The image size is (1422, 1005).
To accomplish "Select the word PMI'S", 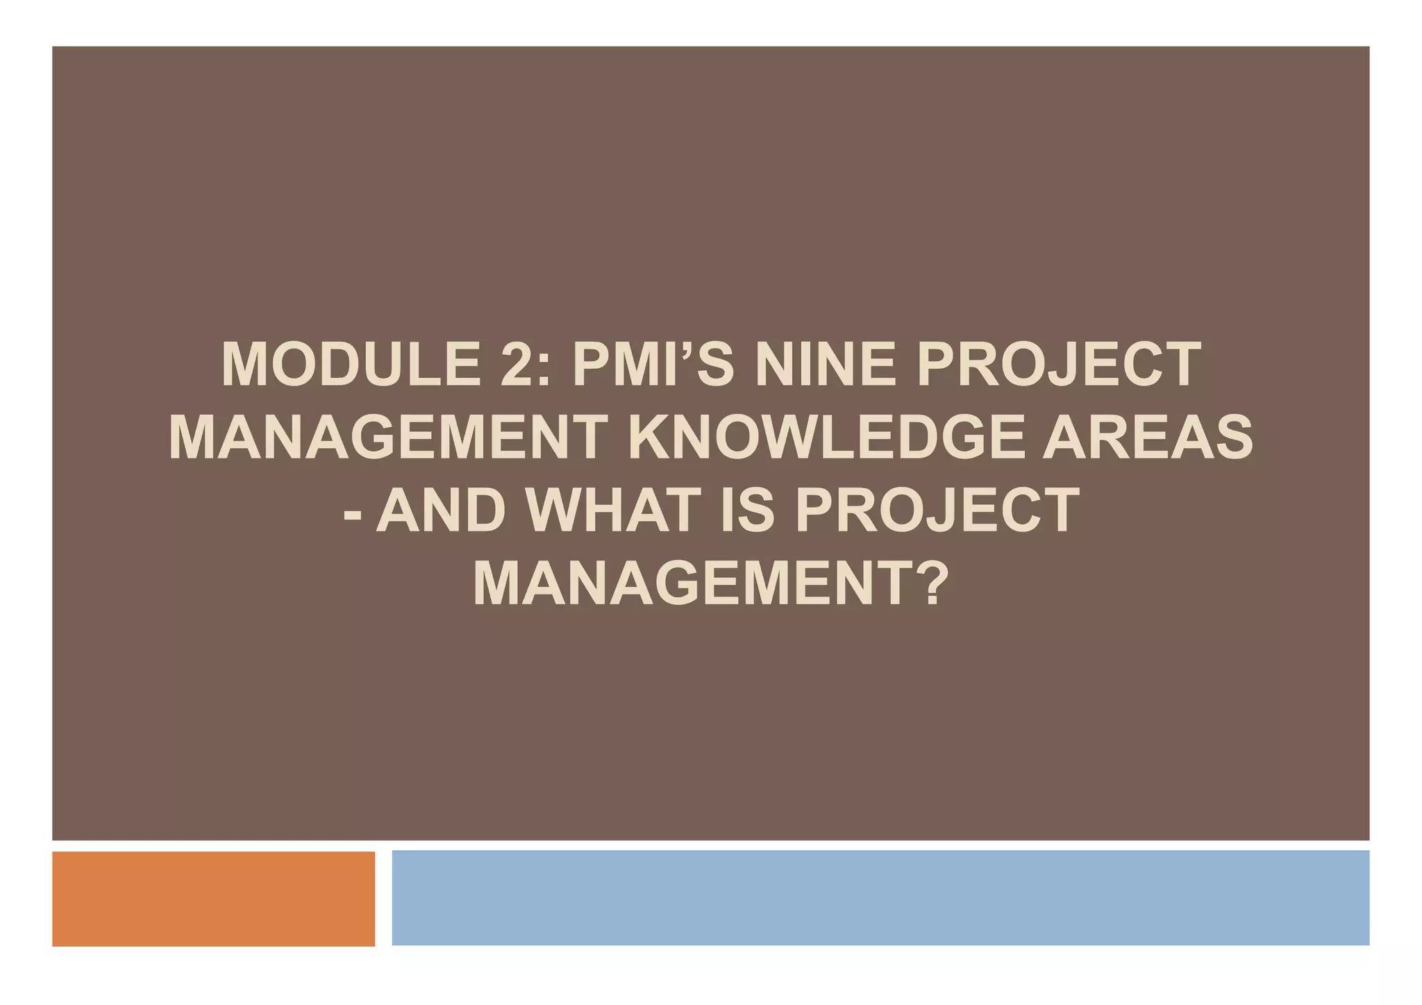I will (653, 365).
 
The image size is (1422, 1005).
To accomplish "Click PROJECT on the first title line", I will (1059, 365).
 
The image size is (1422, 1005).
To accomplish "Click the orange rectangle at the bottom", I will (213, 899).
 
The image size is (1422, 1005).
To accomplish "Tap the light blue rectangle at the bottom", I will (880, 897).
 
